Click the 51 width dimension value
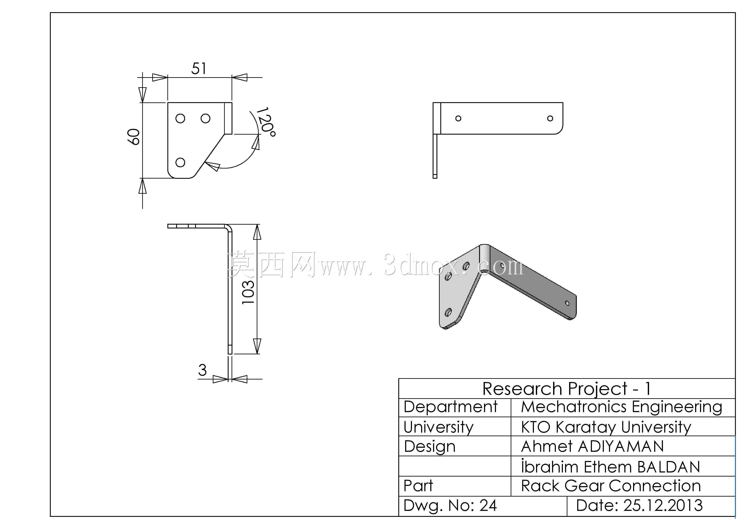point(199,68)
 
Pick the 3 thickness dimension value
point(202,370)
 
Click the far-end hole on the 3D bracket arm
point(567,303)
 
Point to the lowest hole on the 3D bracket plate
point(448,313)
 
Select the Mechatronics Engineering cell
point(621,407)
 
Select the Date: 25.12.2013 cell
point(639,505)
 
